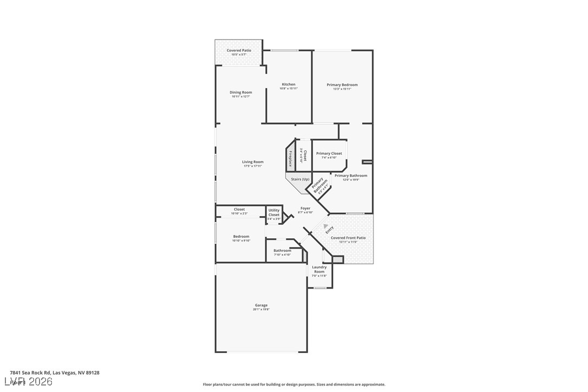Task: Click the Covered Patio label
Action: [239, 50]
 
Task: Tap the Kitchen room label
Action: [289, 84]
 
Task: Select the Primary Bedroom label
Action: [342, 85]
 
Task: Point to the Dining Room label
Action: [240, 93]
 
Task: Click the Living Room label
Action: [253, 162]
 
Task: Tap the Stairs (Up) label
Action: [300, 179]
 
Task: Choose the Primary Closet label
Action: [329, 154]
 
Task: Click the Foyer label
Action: [305, 208]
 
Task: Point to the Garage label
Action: [261, 305]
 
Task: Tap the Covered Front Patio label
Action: [348, 238]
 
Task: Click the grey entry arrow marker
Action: [325, 226]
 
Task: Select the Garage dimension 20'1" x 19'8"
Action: [261, 310]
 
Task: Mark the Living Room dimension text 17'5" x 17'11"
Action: [253, 166]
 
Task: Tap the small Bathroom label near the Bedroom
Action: [282, 251]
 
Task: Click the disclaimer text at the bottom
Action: [294, 384]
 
